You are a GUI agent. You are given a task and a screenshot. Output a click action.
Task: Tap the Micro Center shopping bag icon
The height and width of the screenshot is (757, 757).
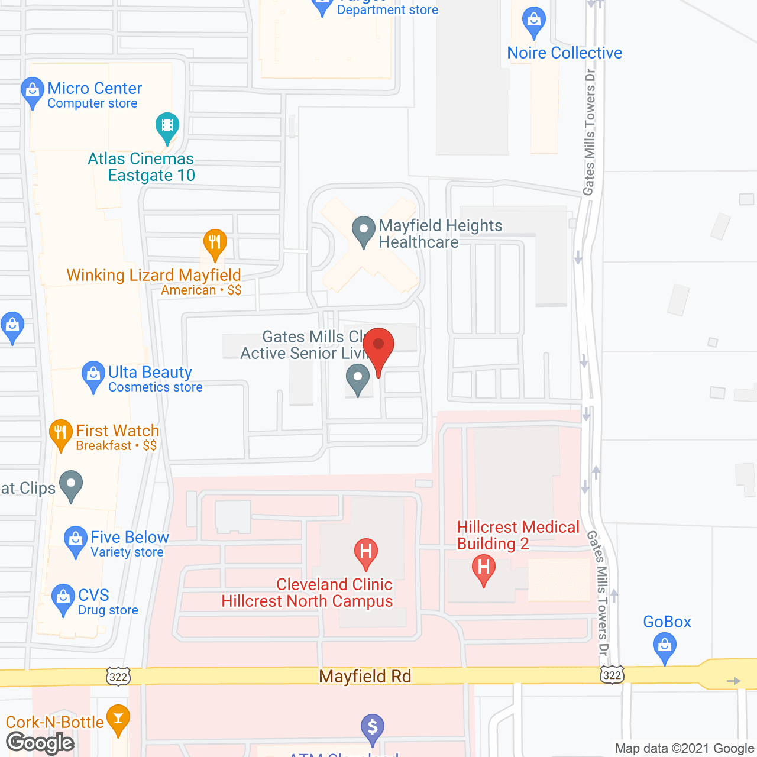click(32, 91)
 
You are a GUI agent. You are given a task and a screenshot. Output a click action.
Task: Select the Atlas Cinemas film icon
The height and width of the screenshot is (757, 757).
click(167, 126)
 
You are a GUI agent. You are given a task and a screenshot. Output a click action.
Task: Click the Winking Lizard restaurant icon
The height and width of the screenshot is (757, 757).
click(215, 242)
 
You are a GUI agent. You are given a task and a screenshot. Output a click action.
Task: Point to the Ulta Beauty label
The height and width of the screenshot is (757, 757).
click(150, 373)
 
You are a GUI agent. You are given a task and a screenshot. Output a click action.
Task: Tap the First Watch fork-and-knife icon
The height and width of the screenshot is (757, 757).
click(60, 433)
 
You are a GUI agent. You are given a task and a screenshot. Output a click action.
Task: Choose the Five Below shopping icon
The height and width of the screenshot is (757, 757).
click(75, 540)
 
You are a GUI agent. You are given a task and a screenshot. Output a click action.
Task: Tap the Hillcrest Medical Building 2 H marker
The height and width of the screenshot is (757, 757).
click(484, 568)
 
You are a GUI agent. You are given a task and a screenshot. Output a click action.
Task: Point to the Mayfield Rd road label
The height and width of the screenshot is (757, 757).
click(365, 677)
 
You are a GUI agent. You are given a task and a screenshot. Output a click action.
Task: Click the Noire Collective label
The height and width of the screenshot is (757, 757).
click(565, 53)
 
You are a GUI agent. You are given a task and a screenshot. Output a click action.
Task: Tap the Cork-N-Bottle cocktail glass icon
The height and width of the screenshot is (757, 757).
click(118, 718)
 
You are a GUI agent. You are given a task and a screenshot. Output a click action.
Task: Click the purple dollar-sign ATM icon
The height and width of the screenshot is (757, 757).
click(373, 727)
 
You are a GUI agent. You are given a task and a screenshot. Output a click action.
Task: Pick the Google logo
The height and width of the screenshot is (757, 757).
click(40, 743)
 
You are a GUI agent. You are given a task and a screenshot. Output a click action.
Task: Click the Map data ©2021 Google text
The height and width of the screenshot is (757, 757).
click(684, 749)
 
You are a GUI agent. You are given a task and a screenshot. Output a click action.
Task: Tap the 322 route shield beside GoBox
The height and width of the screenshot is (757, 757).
click(612, 675)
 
